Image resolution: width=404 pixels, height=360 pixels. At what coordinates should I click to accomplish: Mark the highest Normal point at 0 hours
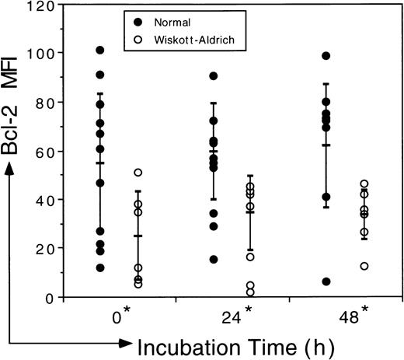[x=100, y=51]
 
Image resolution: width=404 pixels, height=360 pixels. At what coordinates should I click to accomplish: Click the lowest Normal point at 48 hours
[x=326, y=281]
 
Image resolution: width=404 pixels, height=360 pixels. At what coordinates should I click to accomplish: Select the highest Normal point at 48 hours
[x=326, y=56]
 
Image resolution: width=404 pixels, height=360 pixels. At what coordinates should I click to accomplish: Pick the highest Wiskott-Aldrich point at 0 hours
[x=138, y=173]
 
